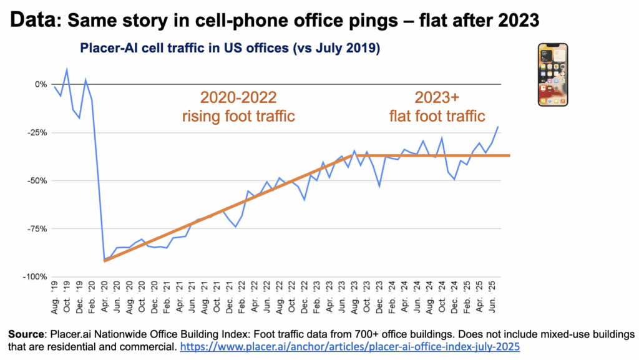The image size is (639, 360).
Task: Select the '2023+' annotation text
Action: click(x=439, y=98)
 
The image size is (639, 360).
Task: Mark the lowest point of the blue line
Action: click(x=104, y=260)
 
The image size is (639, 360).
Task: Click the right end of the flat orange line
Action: click(x=509, y=155)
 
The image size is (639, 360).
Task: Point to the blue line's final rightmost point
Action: click(x=498, y=127)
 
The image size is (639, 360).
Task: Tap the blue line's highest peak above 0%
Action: click(x=67, y=69)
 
